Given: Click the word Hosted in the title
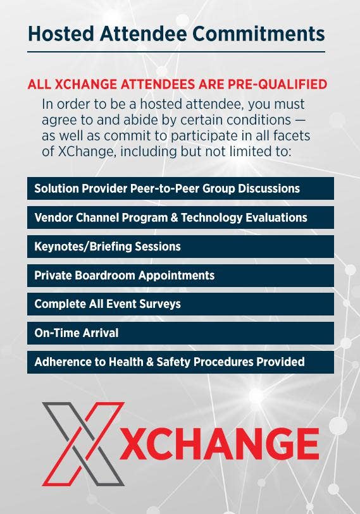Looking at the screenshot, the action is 61,34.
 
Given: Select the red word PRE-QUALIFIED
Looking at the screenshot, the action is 278,84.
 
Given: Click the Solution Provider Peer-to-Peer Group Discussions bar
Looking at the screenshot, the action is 180,188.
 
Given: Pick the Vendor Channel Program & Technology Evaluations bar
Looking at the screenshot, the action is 180,217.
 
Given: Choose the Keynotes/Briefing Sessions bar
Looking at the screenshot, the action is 180,246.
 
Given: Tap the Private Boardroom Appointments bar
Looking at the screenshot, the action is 180,276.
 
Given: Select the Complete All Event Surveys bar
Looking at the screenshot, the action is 180,304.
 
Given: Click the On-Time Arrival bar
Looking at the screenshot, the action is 180,333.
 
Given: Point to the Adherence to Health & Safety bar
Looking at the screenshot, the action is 180,362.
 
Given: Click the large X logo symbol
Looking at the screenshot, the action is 84,444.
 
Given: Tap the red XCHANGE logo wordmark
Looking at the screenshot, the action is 219,444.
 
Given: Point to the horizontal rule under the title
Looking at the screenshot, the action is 177,52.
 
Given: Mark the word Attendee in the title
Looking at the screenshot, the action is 144,34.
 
